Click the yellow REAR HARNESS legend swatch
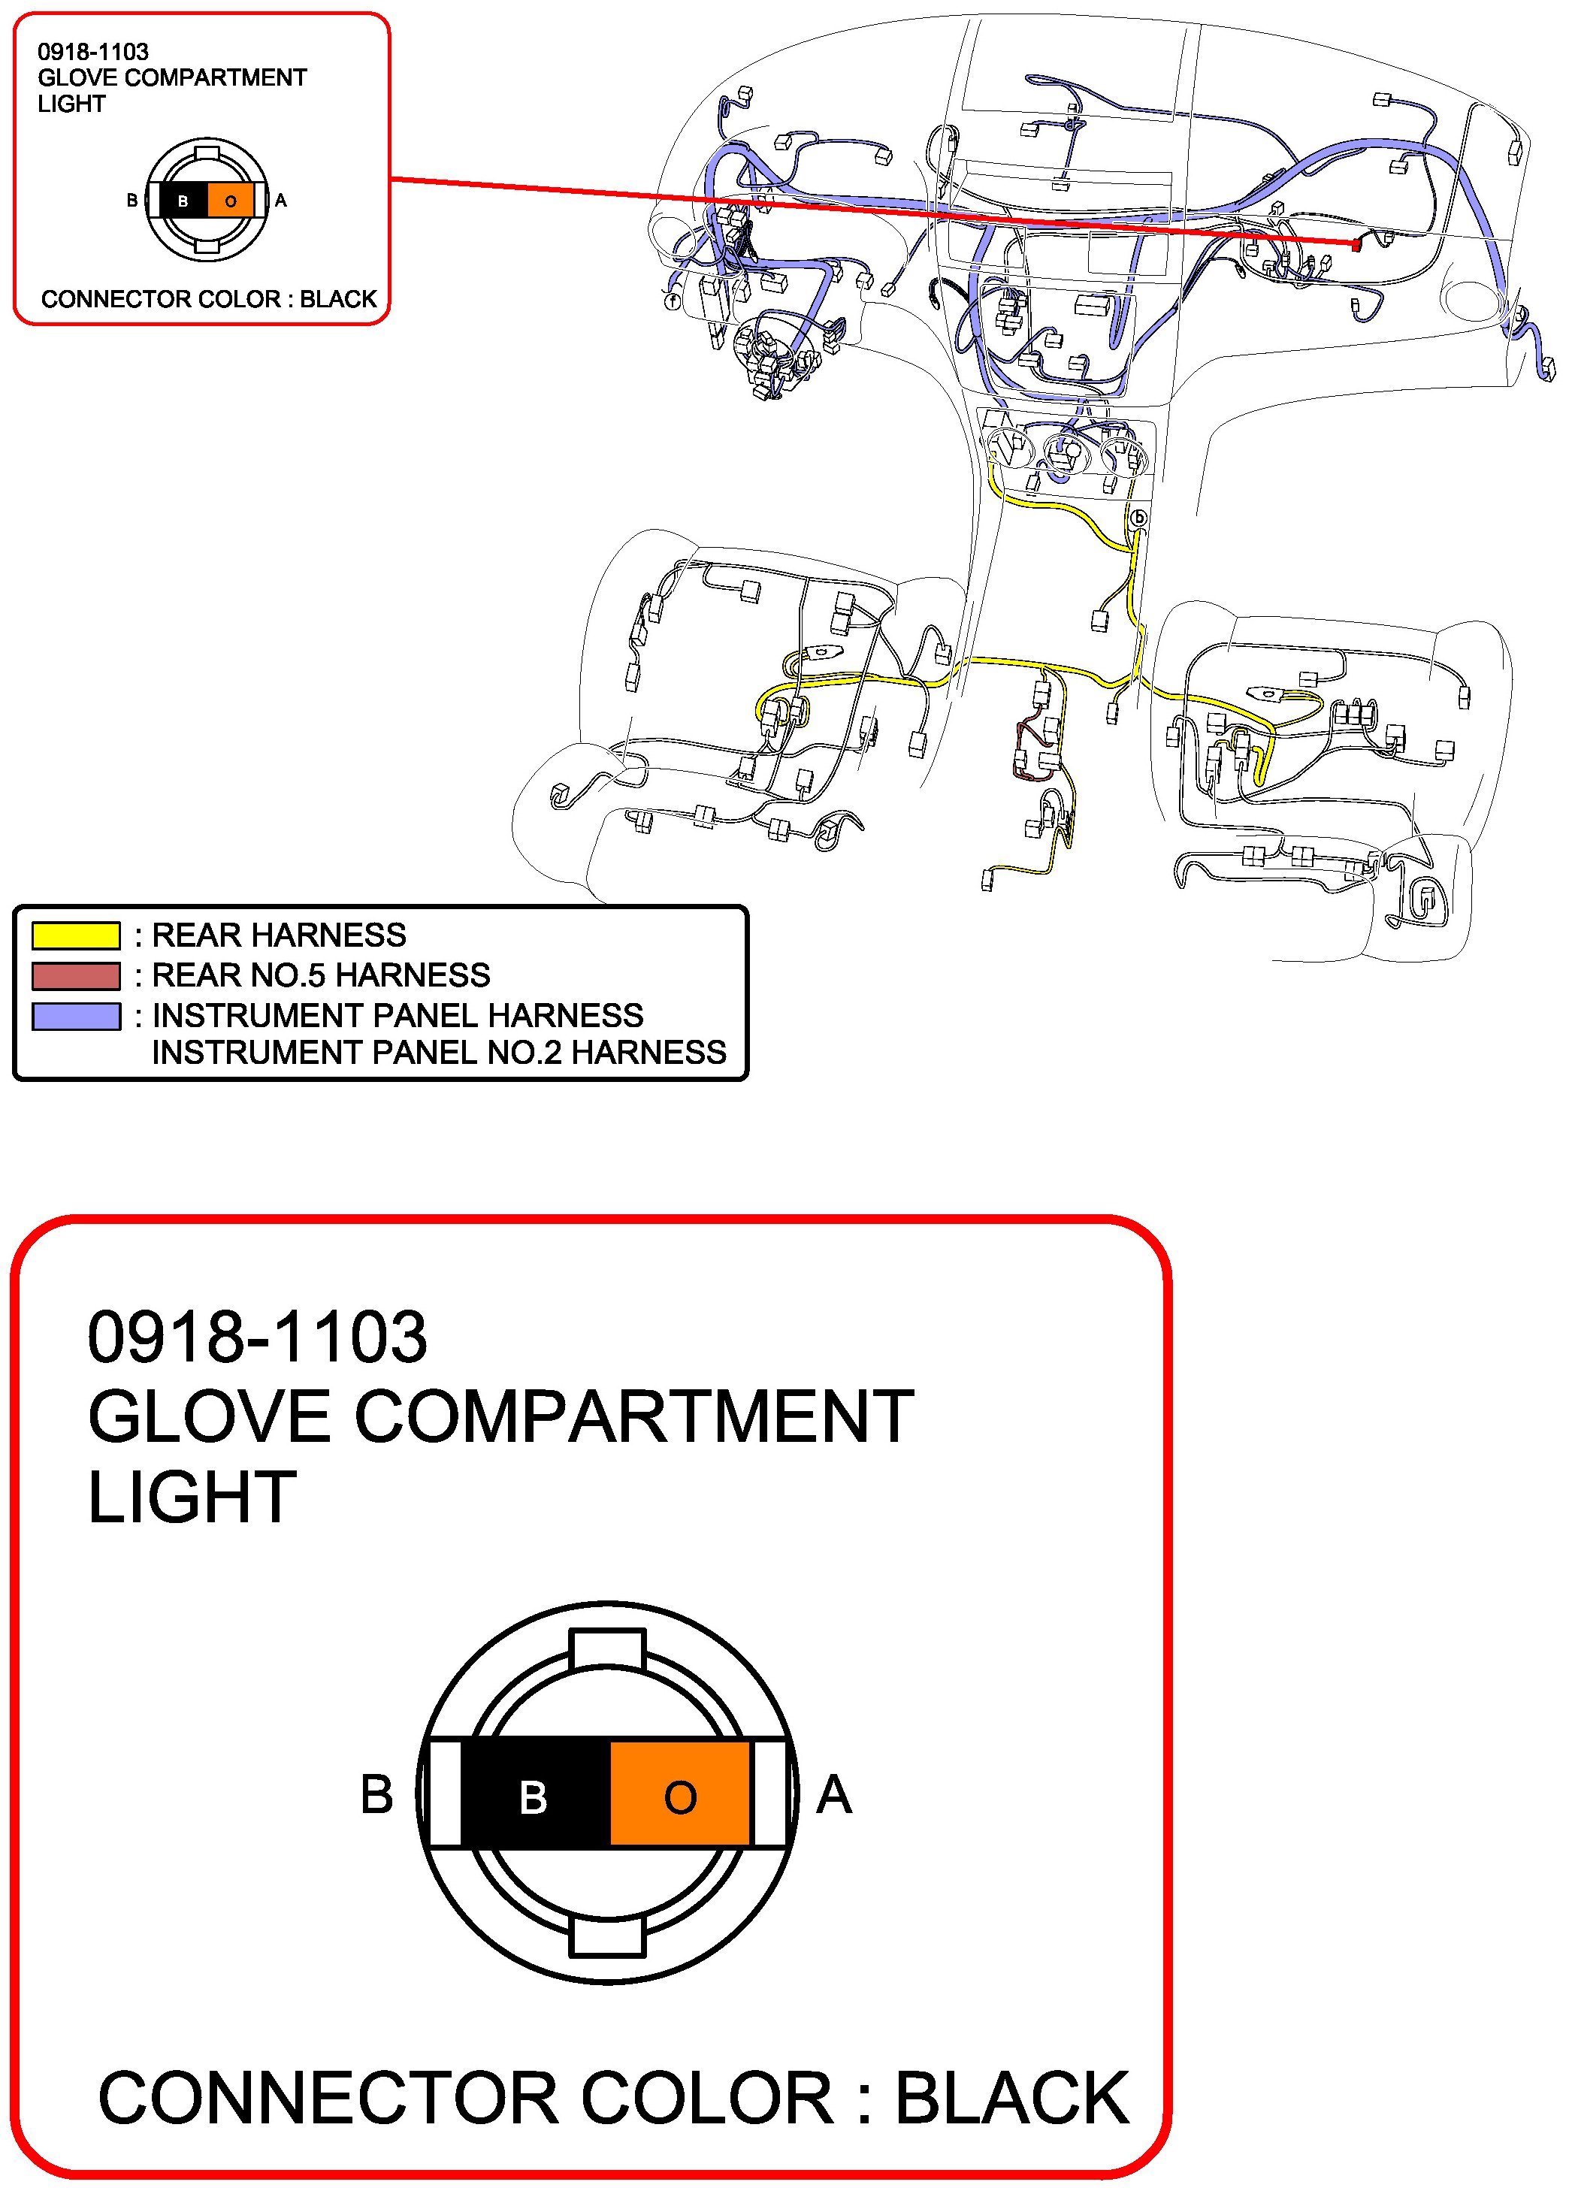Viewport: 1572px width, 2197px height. (75, 935)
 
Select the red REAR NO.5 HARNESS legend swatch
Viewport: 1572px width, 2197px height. (75, 975)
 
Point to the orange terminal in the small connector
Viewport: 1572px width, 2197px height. (231, 201)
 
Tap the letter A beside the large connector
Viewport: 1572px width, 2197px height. (833, 1795)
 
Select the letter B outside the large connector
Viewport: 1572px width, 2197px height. (376, 1795)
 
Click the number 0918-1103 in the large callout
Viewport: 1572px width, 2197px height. (258, 1337)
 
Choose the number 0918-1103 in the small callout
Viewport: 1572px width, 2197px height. (93, 51)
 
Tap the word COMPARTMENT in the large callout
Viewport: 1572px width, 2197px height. (634, 1417)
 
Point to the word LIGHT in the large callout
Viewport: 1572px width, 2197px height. (192, 1497)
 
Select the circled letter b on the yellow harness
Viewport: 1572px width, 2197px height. (1139, 518)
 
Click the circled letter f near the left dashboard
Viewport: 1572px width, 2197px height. (673, 301)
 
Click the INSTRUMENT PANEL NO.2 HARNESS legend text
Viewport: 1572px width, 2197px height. (439, 1052)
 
